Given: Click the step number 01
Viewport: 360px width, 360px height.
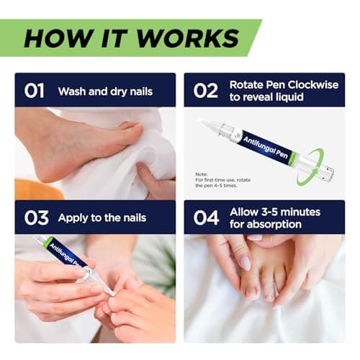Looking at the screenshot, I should tap(34, 91).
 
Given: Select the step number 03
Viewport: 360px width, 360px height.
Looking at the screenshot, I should tap(34, 217).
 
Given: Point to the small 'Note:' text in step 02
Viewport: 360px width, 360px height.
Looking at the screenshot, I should tap(201, 174).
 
